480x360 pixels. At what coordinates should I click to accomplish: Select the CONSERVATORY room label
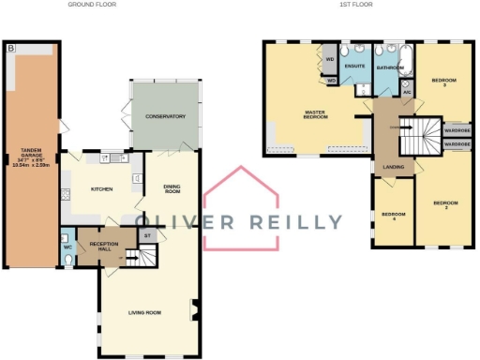(x=165, y=116)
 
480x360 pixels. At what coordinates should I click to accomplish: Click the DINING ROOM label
(x=172, y=187)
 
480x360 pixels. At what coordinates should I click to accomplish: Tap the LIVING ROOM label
(x=145, y=312)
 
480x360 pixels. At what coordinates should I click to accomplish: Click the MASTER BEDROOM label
(x=314, y=116)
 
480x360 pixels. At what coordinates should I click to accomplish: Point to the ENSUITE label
(x=354, y=67)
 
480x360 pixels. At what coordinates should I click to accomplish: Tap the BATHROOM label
(x=389, y=67)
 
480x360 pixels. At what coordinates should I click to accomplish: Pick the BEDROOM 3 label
(x=443, y=82)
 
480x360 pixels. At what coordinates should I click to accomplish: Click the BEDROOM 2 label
(x=444, y=204)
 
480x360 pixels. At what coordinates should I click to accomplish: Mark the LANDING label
(x=394, y=168)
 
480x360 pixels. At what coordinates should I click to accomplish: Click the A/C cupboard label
(x=407, y=93)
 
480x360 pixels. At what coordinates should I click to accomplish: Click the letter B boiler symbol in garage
(x=10, y=46)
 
